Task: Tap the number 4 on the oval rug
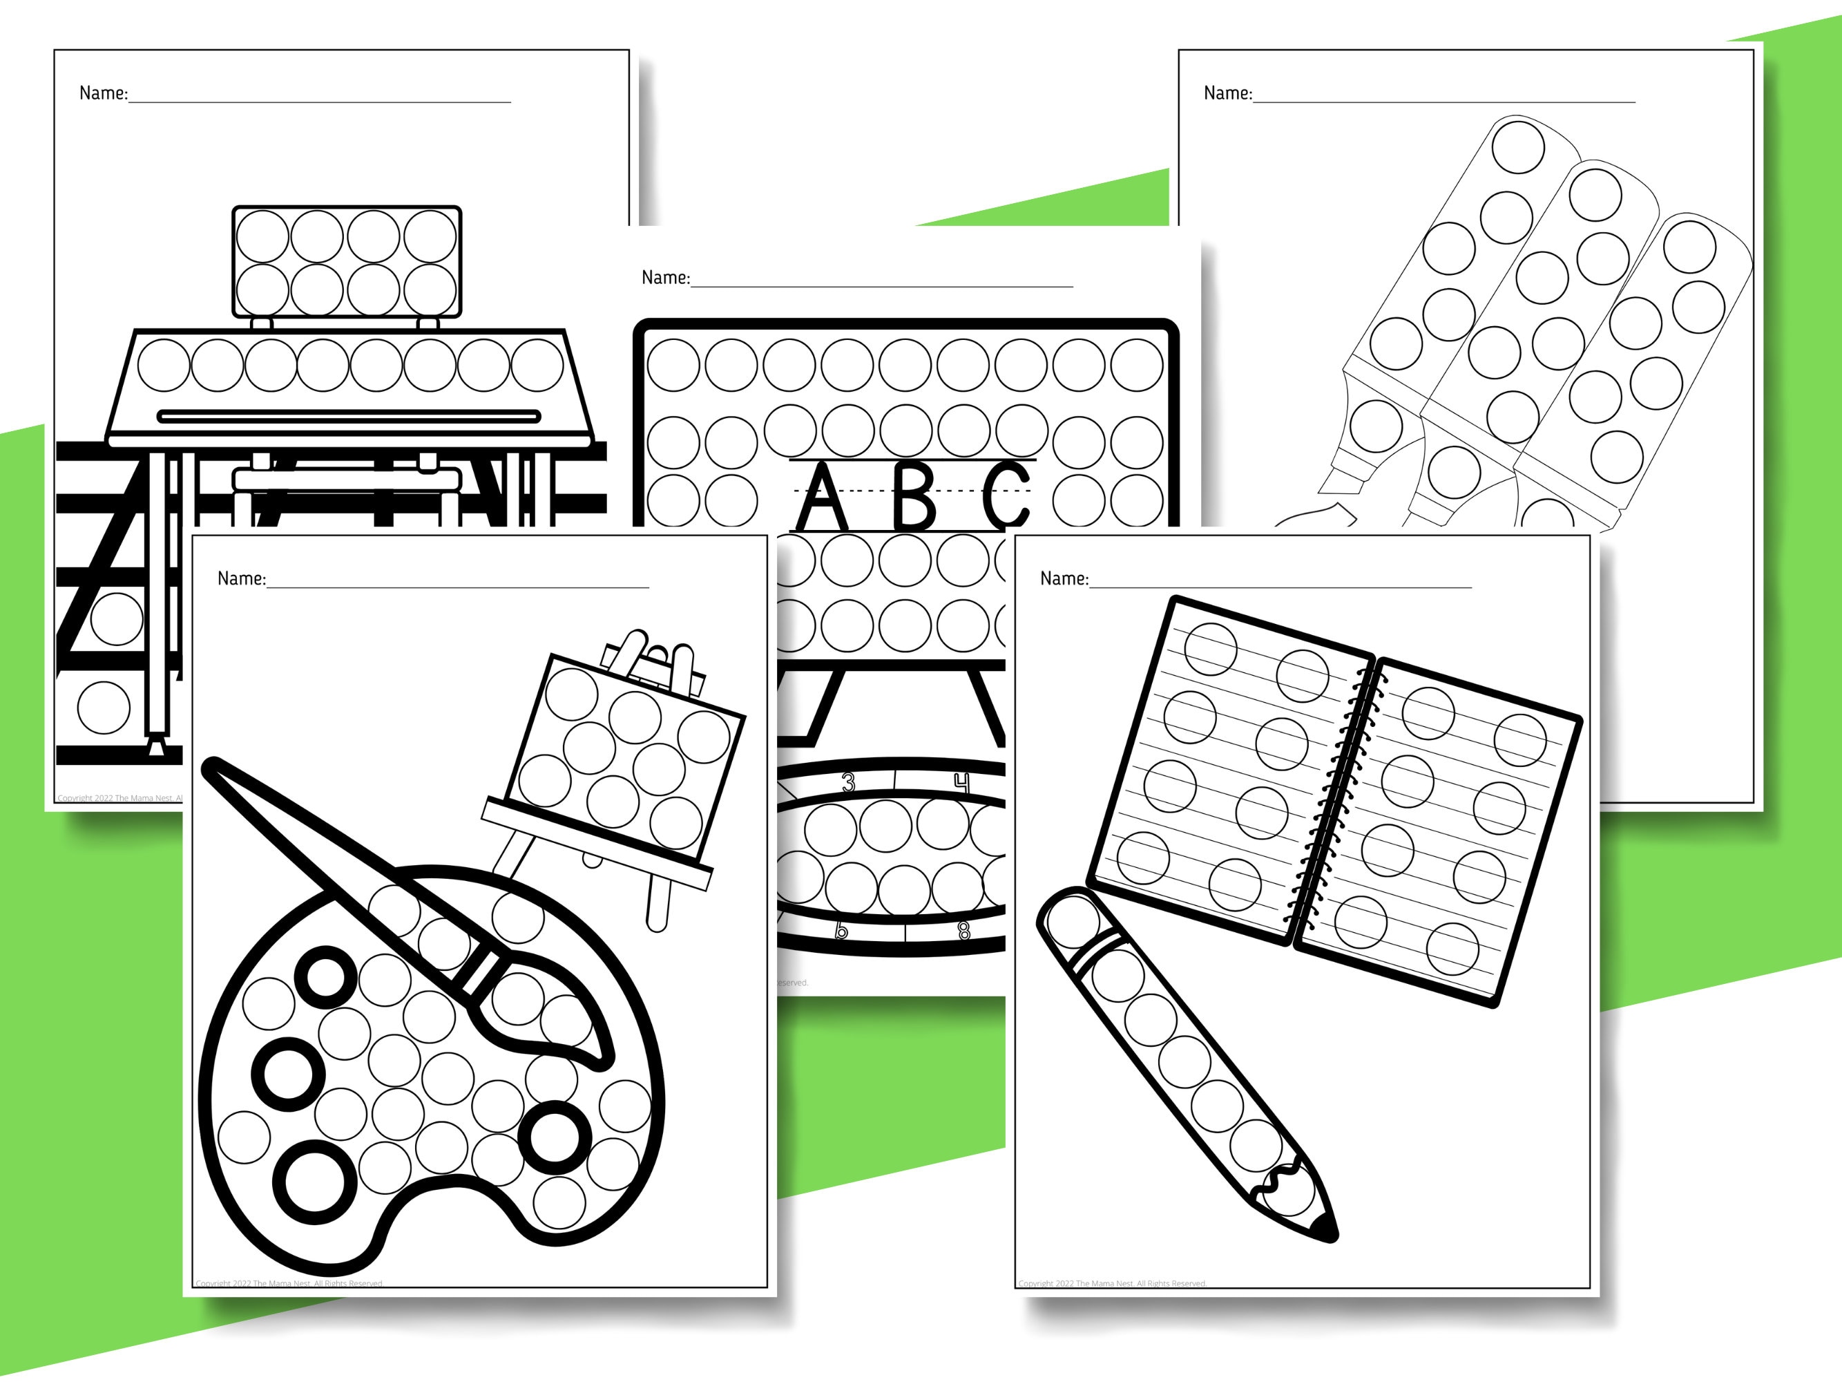[x=962, y=782]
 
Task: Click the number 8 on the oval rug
[x=964, y=931]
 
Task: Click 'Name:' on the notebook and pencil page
[x=1064, y=578]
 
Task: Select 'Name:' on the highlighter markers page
[x=1227, y=93]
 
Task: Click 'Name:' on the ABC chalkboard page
[x=665, y=277]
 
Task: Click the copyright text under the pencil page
[x=1112, y=1284]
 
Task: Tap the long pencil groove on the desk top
[x=349, y=416]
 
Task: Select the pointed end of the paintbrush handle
[x=211, y=766]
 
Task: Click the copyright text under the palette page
[x=289, y=1284]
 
